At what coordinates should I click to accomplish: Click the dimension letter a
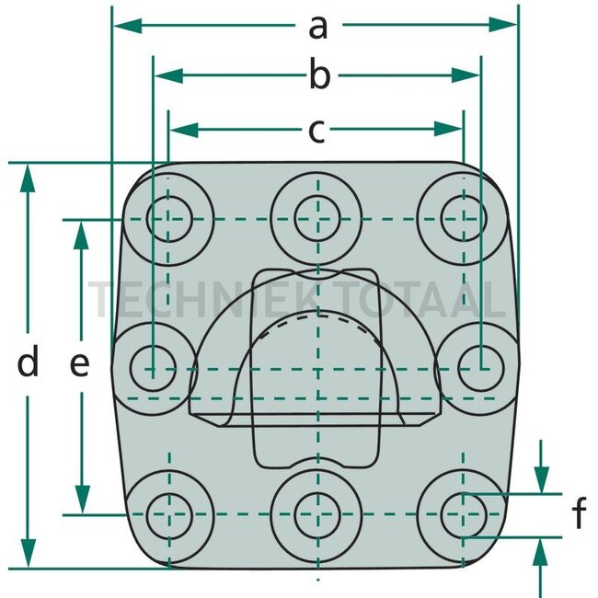point(318,29)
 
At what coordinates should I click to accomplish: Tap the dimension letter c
point(316,131)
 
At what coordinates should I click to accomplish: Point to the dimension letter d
point(28,360)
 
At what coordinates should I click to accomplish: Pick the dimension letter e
point(80,364)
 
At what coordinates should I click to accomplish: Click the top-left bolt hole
point(169,219)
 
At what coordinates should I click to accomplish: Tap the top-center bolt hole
point(317,218)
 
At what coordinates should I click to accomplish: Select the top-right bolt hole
point(464,218)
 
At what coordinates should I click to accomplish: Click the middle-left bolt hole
point(153,368)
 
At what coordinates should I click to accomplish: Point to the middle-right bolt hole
point(481,368)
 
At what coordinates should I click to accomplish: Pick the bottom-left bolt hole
point(169,515)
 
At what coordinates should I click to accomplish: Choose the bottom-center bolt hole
point(317,515)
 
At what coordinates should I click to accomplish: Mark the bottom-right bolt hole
point(464,515)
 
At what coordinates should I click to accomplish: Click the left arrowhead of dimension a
point(128,25)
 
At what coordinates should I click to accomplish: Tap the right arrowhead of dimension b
point(466,75)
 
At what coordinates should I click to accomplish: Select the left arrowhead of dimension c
point(184,130)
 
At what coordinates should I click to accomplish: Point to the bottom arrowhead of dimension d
point(29,553)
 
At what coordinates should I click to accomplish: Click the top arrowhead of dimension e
point(81,236)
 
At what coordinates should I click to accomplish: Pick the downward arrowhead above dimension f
point(541,479)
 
